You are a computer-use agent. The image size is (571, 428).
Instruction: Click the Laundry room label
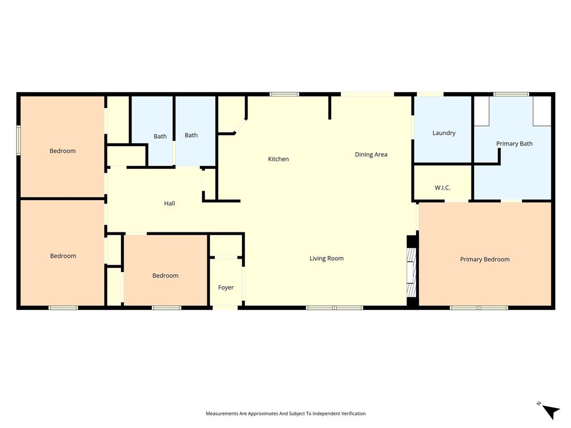pyautogui.click(x=444, y=133)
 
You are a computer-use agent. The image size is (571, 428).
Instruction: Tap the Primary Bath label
pyautogui.click(x=514, y=144)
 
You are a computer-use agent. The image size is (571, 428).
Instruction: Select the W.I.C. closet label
pyautogui.click(x=442, y=188)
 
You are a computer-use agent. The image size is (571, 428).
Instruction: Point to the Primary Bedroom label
pyautogui.click(x=485, y=259)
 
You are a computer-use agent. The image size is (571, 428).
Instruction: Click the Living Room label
pyautogui.click(x=326, y=259)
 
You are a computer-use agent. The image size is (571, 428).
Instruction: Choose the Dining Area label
pyautogui.click(x=371, y=154)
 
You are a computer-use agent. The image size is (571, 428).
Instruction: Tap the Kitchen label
pyautogui.click(x=278, y=159)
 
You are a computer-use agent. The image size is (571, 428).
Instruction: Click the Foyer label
pyautogui.click(x=226, y=288)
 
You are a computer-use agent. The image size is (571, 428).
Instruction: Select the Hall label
pyautogui.click(x=170, y=203)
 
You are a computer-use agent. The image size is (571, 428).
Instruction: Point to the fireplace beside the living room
pyautogui.click(x=412, y=272)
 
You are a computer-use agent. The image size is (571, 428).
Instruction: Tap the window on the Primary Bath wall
pyautogui.click(x=511, y=94)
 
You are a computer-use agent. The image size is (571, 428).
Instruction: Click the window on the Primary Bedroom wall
pyautogui.click(x=479, y=307)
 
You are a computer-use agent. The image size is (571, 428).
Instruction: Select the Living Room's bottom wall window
pyautogui.click(x=334, y=307)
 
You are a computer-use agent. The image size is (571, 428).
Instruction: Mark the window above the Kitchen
pyautogui.click(x=284, y=94)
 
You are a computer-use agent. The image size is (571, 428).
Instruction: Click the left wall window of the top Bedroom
pyautogui.click(x=18, y=140)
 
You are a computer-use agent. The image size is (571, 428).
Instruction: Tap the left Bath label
pyautogui.click(x=160, y=137)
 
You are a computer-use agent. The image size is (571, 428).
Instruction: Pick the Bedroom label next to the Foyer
pyautogui.click(x=166, y=276)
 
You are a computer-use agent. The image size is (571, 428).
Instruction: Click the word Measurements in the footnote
pyautogui.click(x=221, y=414)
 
